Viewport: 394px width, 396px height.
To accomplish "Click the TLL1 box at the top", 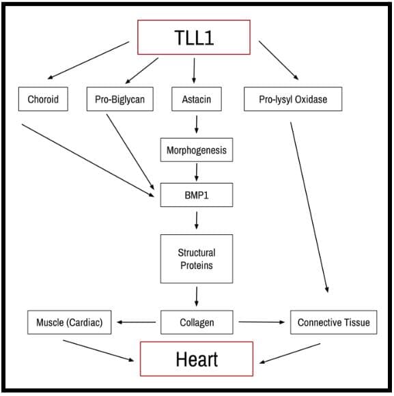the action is [194, 38].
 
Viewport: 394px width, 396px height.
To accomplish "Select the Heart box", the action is [197, 359].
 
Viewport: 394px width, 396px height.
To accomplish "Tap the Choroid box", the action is [43, 99].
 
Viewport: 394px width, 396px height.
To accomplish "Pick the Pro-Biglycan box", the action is [120, 99].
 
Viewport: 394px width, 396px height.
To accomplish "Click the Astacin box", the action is [197, 99].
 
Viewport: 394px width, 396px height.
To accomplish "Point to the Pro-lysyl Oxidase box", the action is [293, 99].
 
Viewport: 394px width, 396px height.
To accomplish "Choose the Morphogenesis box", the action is [197, 150].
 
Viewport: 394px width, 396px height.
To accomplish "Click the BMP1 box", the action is [197, 195].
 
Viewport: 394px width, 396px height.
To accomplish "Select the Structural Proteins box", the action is [197, 259].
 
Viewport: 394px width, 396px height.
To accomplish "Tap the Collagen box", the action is [197, 322].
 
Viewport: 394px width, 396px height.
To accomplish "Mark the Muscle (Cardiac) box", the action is [69, 322].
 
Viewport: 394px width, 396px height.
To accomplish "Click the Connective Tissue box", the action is [334, 322].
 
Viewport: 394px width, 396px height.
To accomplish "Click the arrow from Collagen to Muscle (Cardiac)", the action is [137, 322].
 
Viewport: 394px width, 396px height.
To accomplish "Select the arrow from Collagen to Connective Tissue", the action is [262, 322].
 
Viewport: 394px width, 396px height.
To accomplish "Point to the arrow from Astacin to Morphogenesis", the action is [197, 124].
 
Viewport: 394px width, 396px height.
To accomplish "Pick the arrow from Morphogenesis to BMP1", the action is [197, 172].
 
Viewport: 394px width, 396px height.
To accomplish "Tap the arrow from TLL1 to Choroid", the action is [88, 60].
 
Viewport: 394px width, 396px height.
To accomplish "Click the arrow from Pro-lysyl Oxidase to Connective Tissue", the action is [309, 208].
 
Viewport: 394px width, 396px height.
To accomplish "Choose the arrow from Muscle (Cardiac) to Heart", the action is [98, 351].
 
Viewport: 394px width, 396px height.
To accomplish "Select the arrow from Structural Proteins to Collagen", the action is [197, 296].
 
